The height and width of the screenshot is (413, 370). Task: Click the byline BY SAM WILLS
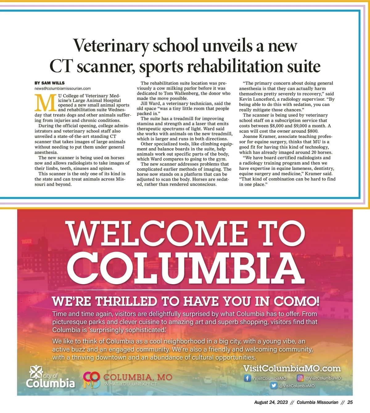click(49, 83)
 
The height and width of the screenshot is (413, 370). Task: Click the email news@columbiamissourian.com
click(63, 88)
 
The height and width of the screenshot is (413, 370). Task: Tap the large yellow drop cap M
click(46, 103)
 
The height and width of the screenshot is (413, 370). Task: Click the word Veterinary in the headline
click(111, 46)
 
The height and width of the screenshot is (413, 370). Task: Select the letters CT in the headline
click(61, 66)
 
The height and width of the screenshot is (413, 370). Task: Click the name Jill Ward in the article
click(150, 104)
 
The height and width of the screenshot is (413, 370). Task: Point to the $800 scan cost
click(313, 131)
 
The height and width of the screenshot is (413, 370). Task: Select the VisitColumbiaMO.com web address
click(292, 369)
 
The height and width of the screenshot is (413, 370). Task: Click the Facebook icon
click(247, 378)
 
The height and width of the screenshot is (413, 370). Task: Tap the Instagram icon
click(300, 378)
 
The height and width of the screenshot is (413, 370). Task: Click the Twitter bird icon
click(274, 386)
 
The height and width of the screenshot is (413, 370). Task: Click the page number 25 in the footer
click(350, 402)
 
